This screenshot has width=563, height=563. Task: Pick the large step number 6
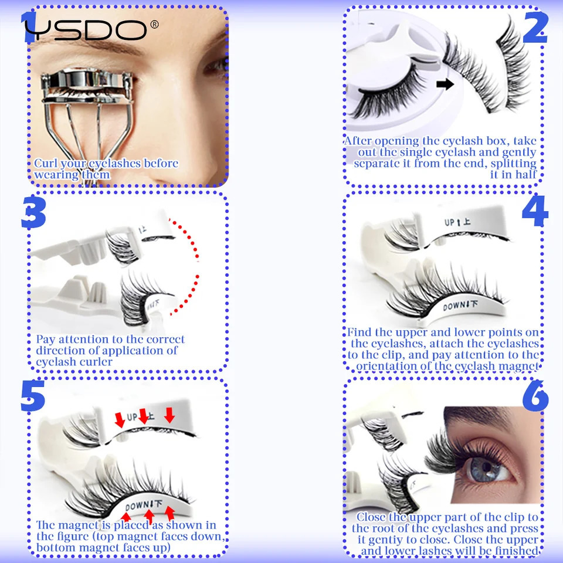click(534, 397)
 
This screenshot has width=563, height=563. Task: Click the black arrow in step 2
click(446, 84)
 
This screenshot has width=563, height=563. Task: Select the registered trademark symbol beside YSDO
click(154, 24)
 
